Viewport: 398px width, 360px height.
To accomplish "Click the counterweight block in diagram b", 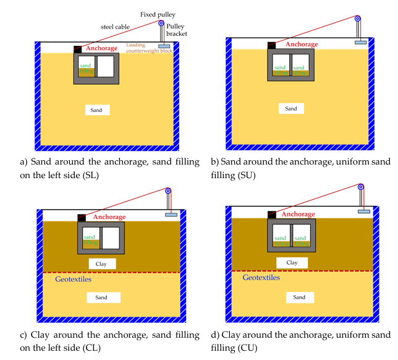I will click(360, 42).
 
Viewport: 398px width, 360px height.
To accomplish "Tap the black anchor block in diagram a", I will click(78, 49).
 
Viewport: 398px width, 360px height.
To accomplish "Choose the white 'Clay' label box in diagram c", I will click(101, 264).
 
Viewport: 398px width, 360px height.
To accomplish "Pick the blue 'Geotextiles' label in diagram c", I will click(66, 281).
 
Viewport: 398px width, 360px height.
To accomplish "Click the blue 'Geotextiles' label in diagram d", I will click(261, 278).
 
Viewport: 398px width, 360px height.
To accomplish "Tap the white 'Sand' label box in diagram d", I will click(299, 297).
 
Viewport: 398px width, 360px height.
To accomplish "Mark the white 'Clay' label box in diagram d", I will click(292, 263).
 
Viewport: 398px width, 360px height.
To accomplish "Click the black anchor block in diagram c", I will click(81, 217).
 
